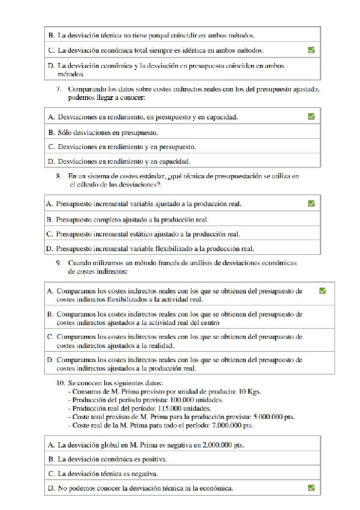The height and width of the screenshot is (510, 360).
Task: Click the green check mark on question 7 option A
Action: (x=311, y=117)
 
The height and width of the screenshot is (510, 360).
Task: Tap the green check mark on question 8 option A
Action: (x=311, y=204)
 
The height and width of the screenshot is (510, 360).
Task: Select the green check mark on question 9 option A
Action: (x=323, y=291)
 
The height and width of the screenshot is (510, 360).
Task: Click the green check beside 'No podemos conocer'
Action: (x=311, y=488)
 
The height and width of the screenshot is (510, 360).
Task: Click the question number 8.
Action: (x=59, y=176)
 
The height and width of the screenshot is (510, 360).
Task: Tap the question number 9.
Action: (x=59, y=263)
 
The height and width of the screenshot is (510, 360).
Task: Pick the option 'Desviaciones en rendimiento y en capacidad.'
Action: (x=123, y=161)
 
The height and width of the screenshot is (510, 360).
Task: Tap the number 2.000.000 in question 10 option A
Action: (x=211, y=445)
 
